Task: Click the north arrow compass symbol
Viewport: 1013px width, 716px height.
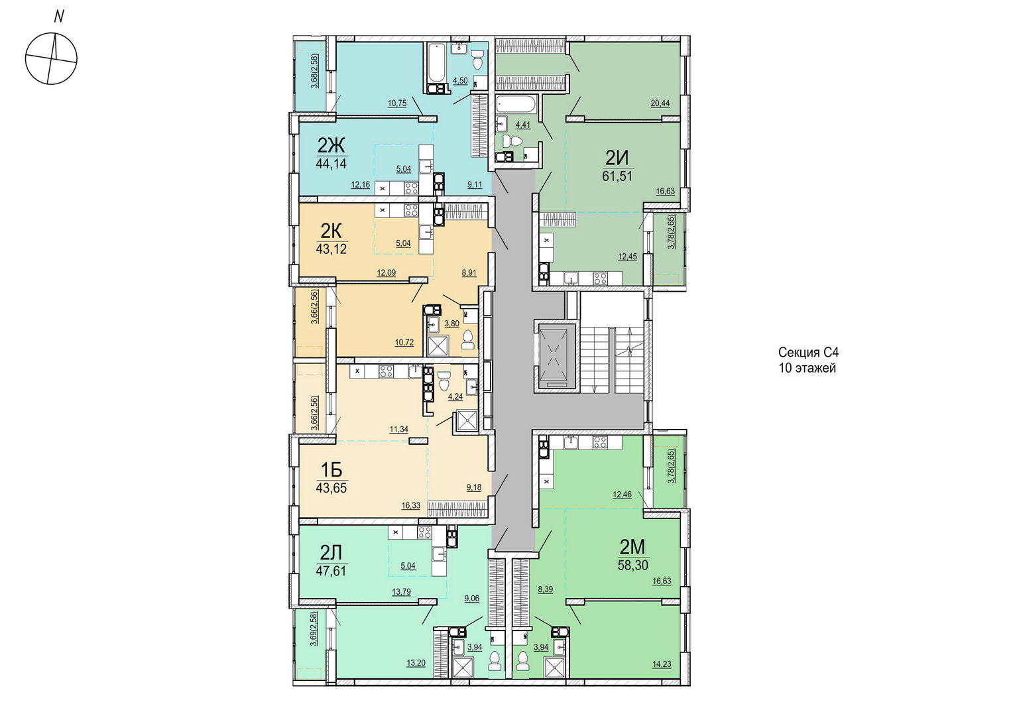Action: [51, 59]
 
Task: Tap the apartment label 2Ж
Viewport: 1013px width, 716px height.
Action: [331, 146]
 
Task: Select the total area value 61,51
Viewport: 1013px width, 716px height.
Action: [617, 176]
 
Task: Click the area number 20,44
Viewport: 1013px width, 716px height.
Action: [660, 103]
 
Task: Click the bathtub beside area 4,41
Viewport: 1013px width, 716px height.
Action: [516, 104]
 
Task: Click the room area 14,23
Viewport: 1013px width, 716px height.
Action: [662, 664]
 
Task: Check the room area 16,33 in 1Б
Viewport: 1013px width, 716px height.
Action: [410, 506]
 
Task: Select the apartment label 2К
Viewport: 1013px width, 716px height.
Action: [331, 231]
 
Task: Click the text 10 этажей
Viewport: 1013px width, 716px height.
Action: [807, 368]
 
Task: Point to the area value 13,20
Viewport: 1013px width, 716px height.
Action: [416, 664]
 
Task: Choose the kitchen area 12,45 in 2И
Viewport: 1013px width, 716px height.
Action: [628, 257]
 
